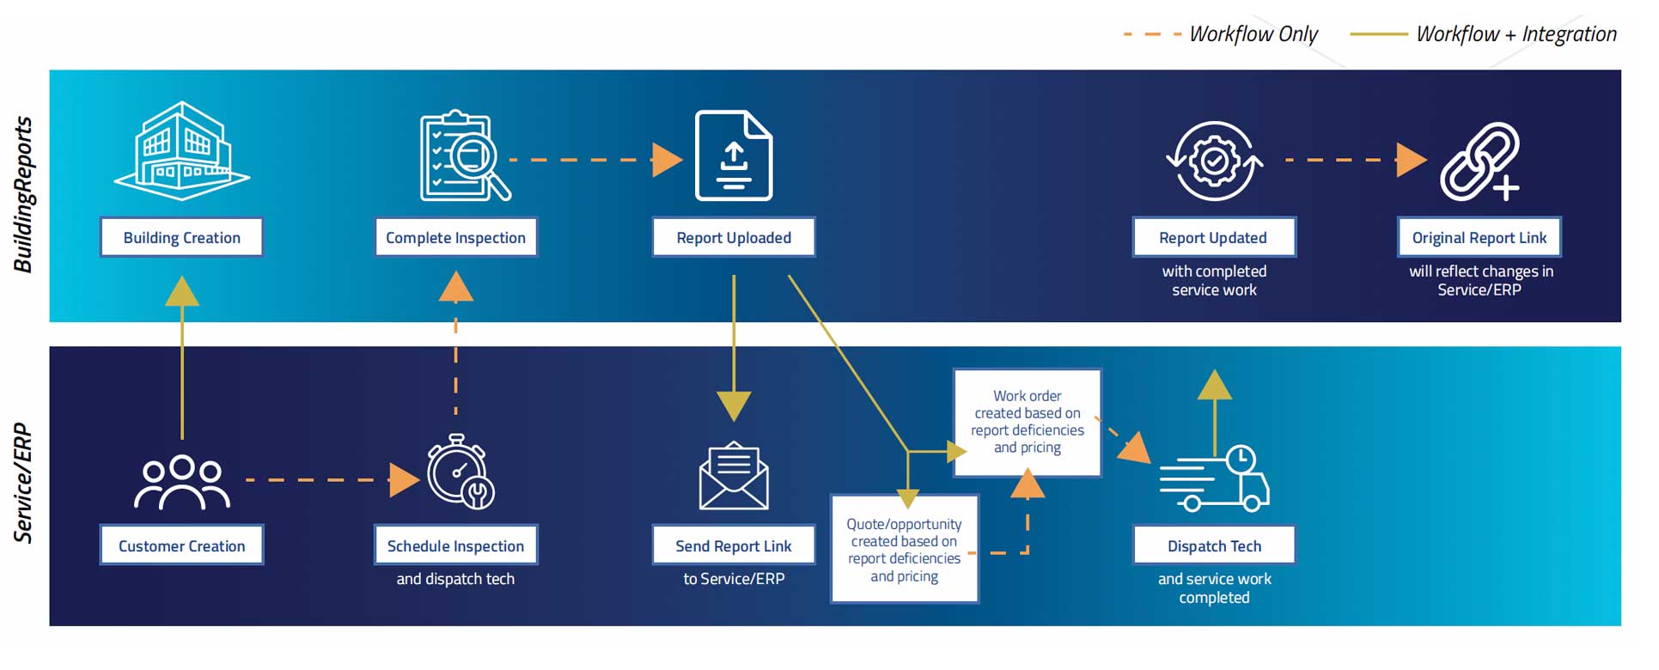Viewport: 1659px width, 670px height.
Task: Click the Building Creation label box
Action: coord(181,238)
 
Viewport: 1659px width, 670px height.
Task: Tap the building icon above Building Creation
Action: coord(182,152)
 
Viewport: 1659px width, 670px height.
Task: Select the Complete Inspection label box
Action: coord(455,238)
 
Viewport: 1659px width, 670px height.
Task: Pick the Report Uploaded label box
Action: coord(733,238)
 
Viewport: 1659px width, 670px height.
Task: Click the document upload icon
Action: coord(733,156)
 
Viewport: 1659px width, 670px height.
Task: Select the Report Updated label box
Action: coord(1213,238)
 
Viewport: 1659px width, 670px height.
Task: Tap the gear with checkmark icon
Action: coord(1213,161)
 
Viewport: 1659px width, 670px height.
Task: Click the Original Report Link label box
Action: coord(1479,238)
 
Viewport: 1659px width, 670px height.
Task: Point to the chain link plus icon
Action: coord(1479,161)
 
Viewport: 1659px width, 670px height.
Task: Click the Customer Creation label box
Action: coord(181,545)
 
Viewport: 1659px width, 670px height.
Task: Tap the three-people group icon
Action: coord(182,483)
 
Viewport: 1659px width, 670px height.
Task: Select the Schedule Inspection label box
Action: coord(455,545)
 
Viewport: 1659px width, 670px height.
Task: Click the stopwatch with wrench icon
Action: coord(460,473)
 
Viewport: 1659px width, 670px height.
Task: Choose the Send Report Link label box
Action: coord(733,545)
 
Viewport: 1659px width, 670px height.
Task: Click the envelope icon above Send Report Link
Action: coord(733,477)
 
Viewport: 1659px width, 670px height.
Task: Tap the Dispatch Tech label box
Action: coord(1213,545)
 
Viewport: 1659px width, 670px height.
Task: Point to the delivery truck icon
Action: coord(1215,479)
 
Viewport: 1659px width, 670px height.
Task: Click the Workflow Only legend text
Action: coord(1253,34)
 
